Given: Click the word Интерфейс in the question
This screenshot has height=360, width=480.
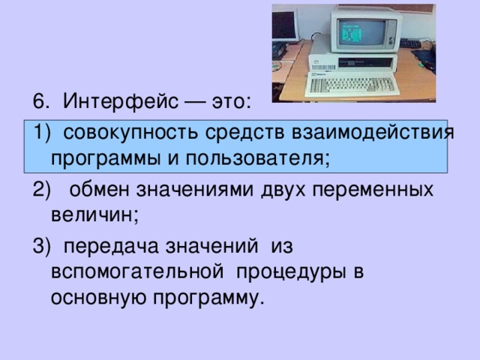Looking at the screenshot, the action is pyautogui.click(x=120, y=101).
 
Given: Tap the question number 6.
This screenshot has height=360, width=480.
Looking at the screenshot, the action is pyautogui.click(x=40, y=101).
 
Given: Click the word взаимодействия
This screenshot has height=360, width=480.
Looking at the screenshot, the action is pyautogui.click(x=373, y=133).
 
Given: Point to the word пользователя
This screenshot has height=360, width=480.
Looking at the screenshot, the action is pyautogui.click(x=257, y=159).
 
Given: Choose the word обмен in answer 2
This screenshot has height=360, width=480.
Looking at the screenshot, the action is pyautogui.click(x=100, y=190).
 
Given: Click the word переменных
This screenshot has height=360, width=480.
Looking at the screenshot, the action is pyautogui.click(x=373, y=190).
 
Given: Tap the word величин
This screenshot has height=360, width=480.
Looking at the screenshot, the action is pyautogui.click(x=94, y=215).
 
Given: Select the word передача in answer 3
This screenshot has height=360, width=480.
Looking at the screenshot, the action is pyautogui.click(x=111, y=247).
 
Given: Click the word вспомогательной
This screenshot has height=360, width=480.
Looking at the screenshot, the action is pyautogui.click(x=137, y=271).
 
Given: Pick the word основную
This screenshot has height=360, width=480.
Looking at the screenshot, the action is pyautogui.click(x=98, y=297).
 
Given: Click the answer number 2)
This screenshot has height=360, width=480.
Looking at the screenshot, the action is pyautogui.click(x=41, y=190).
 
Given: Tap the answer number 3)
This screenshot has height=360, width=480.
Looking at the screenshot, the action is pyautogui.click(x=41, y=246).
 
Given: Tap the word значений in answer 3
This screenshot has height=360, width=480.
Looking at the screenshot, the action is pyautogui.click(x=211, y=247).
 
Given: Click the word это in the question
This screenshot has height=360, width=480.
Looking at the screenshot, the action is pyautogui.click(x=231, y=102).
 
